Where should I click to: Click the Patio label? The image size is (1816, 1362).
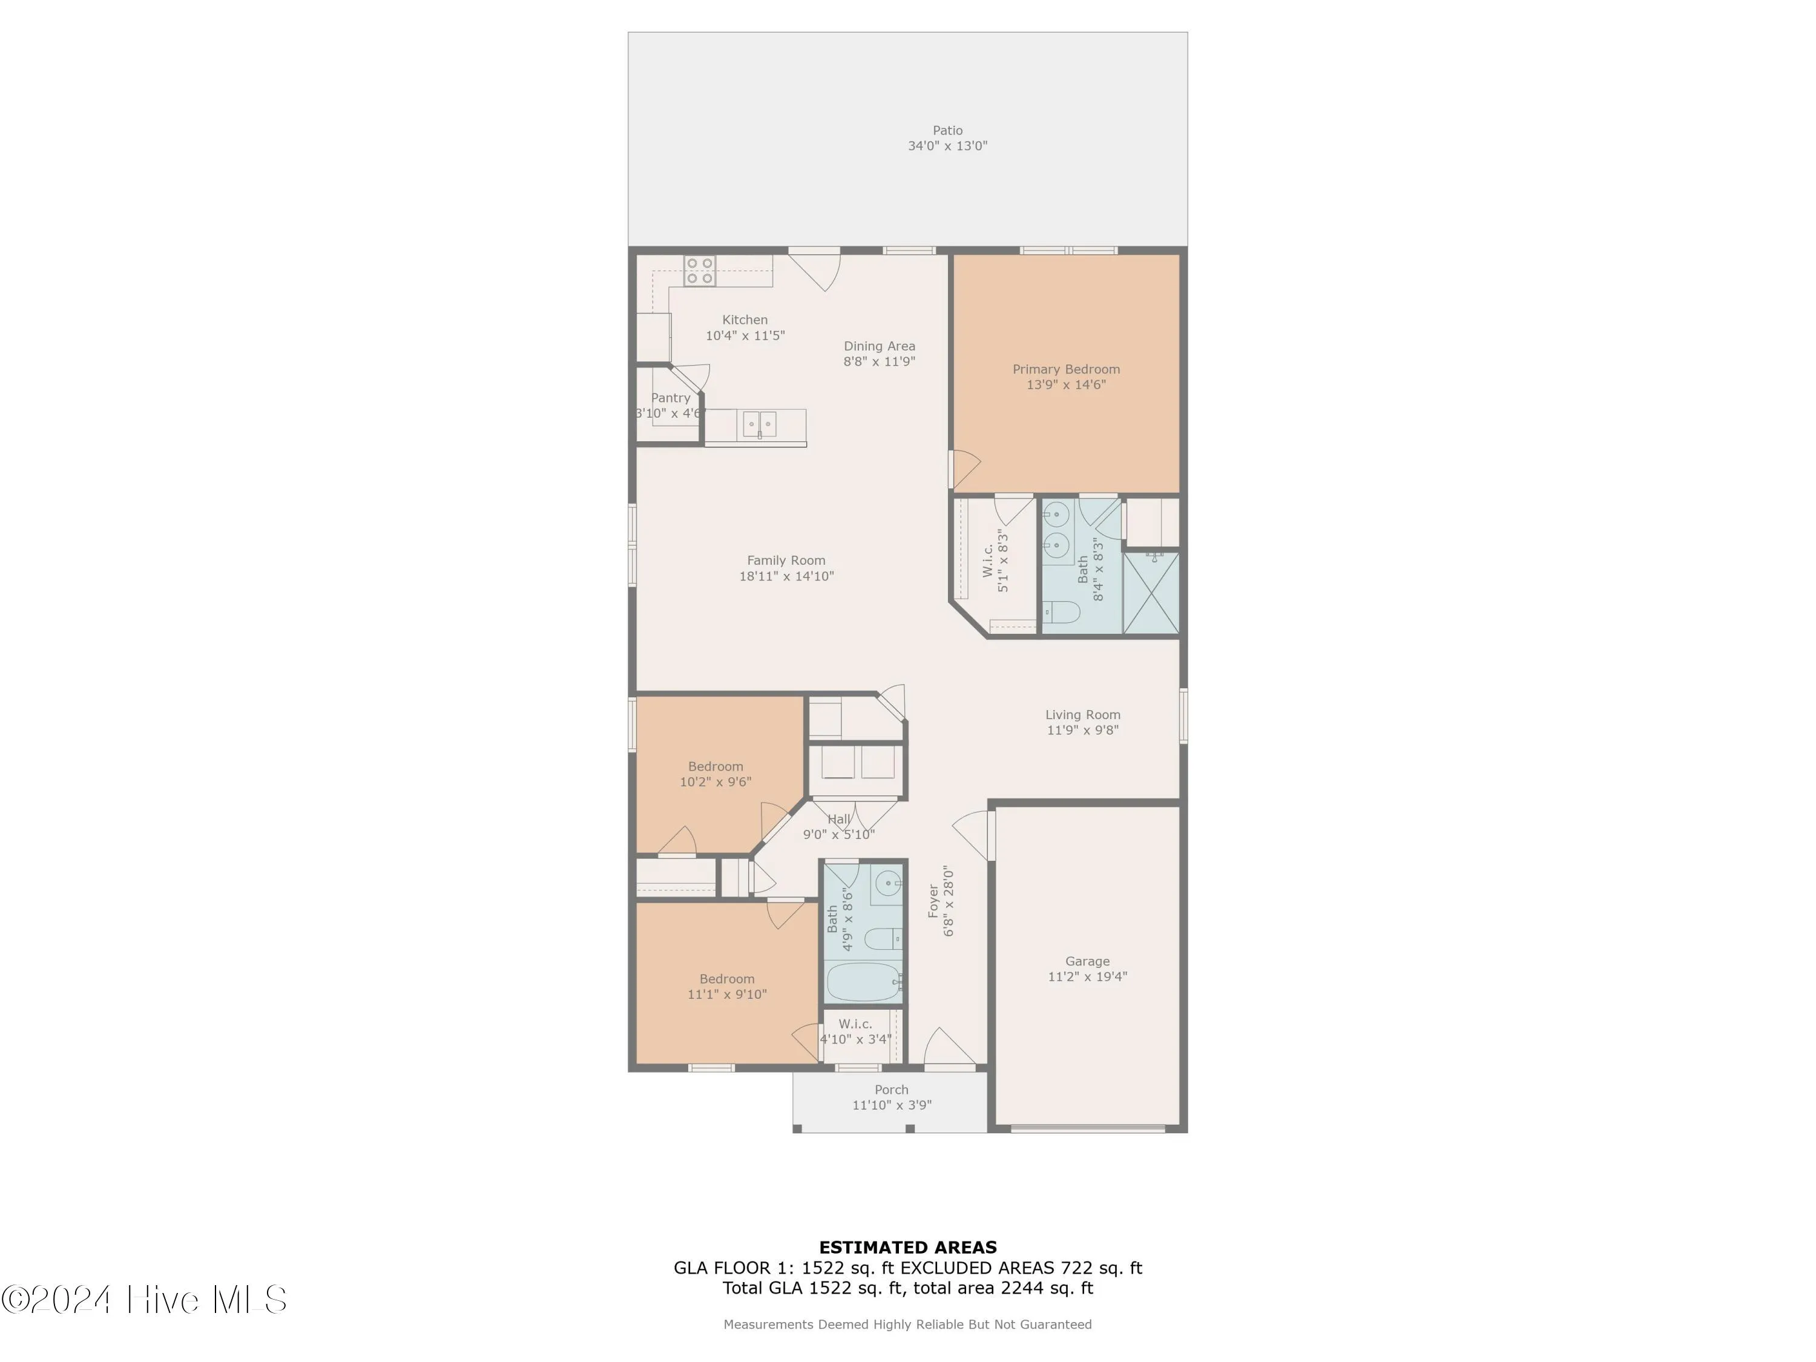(947, 131)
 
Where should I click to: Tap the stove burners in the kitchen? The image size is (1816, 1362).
(700, 271)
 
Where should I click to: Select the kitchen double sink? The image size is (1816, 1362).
(760, 424)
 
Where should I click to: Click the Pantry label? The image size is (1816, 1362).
(670, 398)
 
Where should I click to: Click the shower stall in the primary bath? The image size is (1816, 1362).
(1150, 593)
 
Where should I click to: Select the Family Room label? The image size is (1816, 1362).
(786, 561)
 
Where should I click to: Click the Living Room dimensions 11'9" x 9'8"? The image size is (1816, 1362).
(1082, 731)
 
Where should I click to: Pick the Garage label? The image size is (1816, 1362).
(1087, 961)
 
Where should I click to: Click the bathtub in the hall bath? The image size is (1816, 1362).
(862, 982)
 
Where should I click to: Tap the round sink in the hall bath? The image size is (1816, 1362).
(887, 884)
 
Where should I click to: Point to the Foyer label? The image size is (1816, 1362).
(933, 901)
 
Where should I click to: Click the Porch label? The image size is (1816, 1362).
(891, 1090)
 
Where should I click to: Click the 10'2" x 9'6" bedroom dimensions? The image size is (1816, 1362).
(715, 782)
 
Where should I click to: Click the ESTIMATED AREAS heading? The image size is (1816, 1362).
(907, 1248)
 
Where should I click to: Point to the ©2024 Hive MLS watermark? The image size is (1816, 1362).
(145, 1300)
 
